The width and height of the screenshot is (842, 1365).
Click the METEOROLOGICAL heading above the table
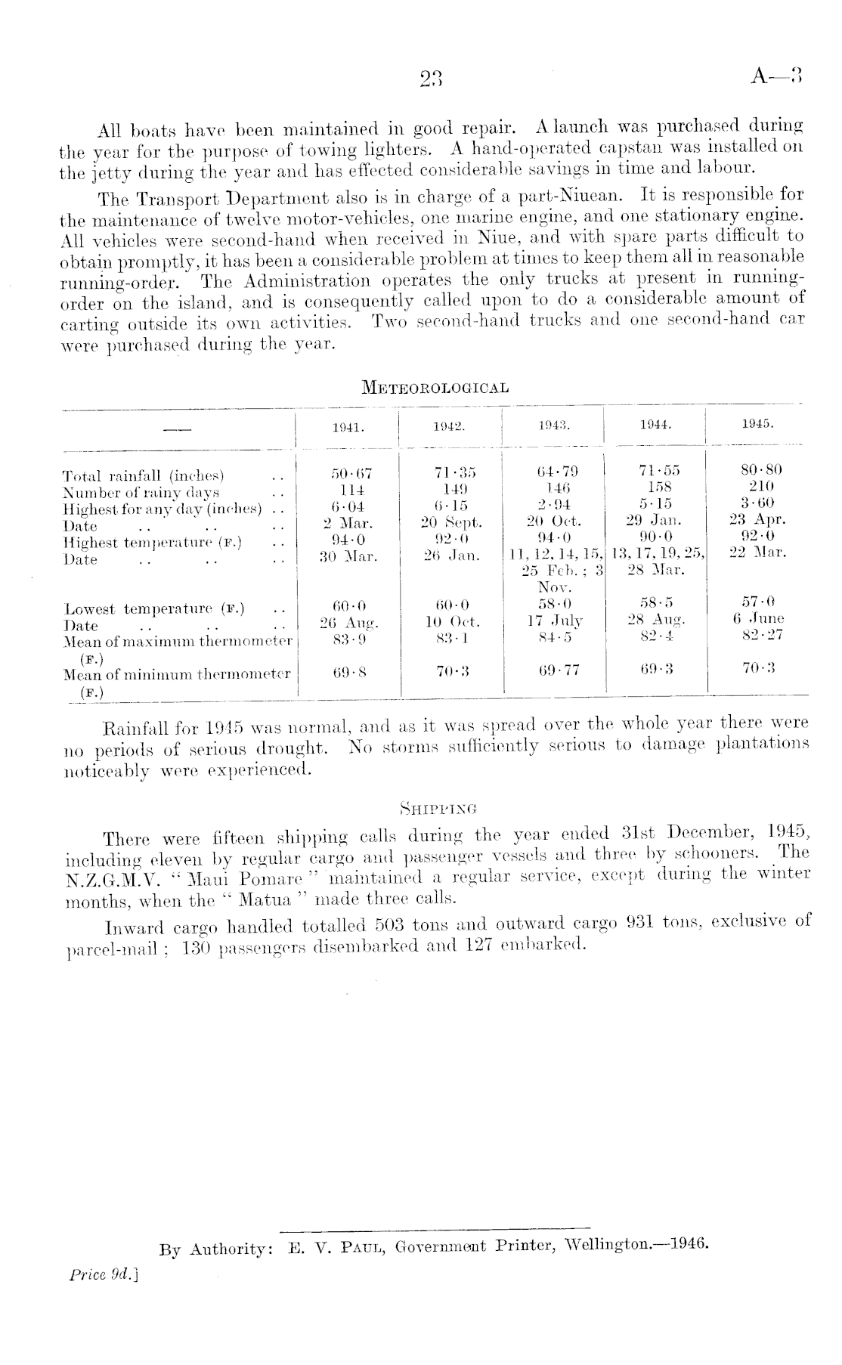pos(435,388)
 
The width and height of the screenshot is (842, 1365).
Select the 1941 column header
pos(348,426)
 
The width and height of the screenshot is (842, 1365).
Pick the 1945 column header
pos(757,425)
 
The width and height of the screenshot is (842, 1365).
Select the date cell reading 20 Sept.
pos(451,522)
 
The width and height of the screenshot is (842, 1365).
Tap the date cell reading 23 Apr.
pos(758,519)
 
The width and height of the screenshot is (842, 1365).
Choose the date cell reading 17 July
pos(554,621)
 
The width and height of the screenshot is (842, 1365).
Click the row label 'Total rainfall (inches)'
pos(144,476)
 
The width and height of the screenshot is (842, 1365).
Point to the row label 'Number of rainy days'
pos(141,493)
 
